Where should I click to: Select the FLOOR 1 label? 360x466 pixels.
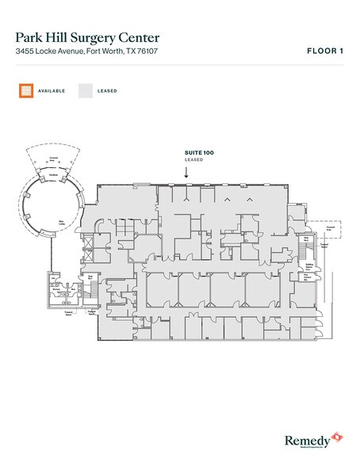pyautogui.click(x=324, y=51)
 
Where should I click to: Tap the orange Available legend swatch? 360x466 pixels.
pyautogui.click(x=26, y=90)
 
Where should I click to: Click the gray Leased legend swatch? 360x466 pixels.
pyautogui.click(x=85, y=90)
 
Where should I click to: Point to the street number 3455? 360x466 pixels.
pyautogui.click(x=24, y=52)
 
